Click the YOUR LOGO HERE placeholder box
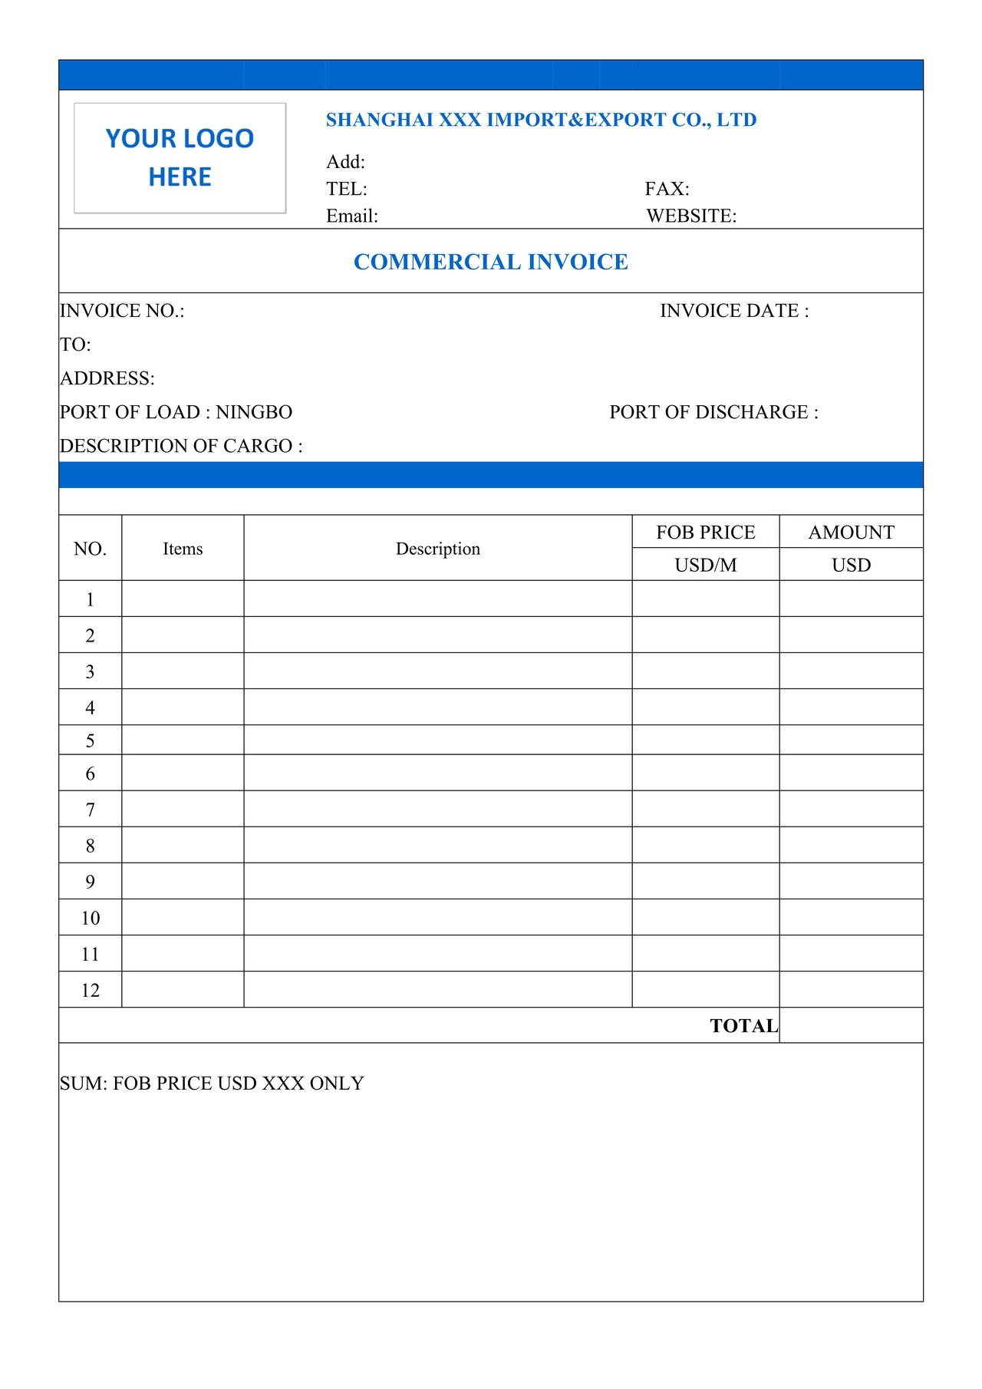tap(180, 158)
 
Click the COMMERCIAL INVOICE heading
tap(491, 262)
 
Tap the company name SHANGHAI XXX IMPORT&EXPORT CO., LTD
tap(541, 120)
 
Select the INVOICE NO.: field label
tap(122, 311)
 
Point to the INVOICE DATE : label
tap(734, 311)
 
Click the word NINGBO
tap(254, 412)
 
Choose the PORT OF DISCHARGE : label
tap(713, 412)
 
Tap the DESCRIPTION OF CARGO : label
tap(181, 446)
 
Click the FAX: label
tap(667, 189)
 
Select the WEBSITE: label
tap(691, 216)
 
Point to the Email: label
tap(352, 216)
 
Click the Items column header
tap(183, 549)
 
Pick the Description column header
tap(438, 549)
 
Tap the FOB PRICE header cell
tap(706, 532)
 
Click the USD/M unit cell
tap(706, 565)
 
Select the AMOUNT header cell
tap(852, 532)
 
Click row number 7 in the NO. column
tap(91, 810)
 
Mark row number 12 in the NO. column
tap(91, 990)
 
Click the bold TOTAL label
tap(743, 1026)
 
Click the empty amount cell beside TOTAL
tap(852, 1025)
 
